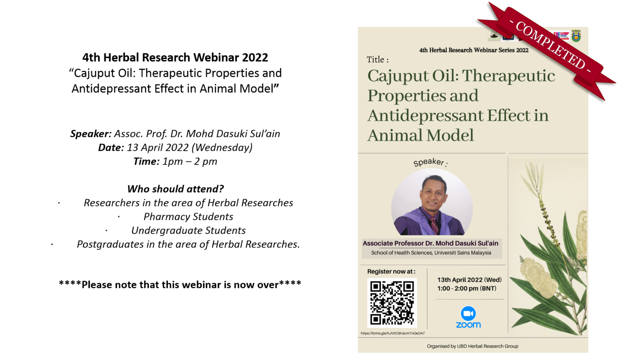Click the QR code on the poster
click(x=392, y=303)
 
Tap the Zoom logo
click(x=468, y=317)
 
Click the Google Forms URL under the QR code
click(x=392, y=333)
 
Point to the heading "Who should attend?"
click(x=175, y=189)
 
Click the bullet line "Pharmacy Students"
click(x=188, y=217)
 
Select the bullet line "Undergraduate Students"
click(x=188, y=230)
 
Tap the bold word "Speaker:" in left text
click(x=91, y=134)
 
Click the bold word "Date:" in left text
click(x=111, y=148)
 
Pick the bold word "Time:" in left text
click(x=146, y=162)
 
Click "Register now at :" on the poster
click(x=391, y=272)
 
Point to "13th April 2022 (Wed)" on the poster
click(x=469, y=280)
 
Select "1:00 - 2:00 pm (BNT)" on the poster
click(x=467, y=288)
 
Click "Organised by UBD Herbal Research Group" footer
click(x=472, y=346)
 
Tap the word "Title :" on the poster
click(x=377, y=60)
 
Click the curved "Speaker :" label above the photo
click(x=430, y=162)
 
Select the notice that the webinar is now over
click(x=180, y=285)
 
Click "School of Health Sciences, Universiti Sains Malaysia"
click(x=431, y=253)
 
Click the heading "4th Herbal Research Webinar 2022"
click(x=175, y=58)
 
